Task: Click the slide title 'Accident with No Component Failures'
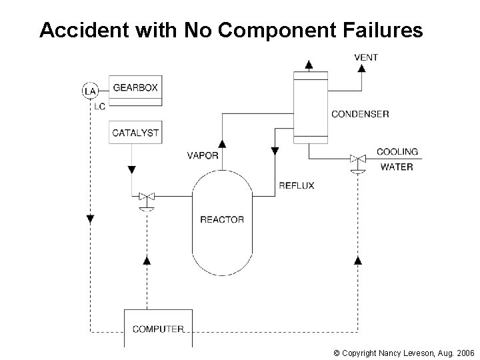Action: (231, 30)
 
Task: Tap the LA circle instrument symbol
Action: (89, 90)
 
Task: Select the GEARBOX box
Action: (135, 88)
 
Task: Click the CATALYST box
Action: (135, 132)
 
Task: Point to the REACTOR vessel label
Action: (222, 219)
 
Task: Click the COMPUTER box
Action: (158, 329)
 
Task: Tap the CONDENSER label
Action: (360, 114)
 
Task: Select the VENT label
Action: (366, 57)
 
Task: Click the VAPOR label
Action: (203, 156)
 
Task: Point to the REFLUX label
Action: (296, 185)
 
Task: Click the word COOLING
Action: (397, 152)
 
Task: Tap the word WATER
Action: (397, 167)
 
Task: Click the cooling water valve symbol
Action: (358, 160)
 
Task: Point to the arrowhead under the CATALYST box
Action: (131, 169)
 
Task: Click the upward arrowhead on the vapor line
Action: (222, 143)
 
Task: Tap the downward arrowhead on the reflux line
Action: (275, 151)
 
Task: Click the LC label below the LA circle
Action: (99, 106)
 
